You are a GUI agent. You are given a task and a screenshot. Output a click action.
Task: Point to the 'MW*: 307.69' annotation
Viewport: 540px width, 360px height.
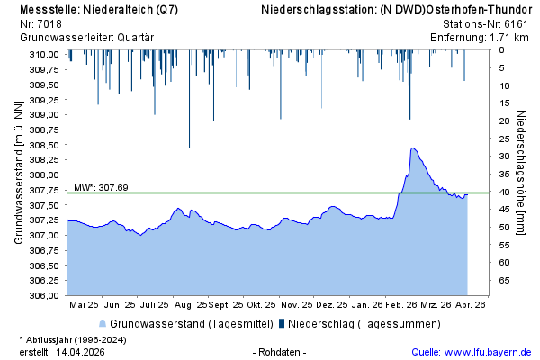coord(101,187)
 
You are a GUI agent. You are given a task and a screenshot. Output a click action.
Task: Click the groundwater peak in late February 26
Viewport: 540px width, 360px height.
coord(412,148)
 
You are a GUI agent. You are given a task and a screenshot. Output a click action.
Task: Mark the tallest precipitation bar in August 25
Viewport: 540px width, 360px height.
coord(189,147)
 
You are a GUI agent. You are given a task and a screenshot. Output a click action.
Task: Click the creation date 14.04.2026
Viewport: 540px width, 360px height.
coord(81,351)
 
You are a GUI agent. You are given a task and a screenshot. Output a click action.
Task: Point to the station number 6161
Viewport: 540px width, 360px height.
coord(517,23)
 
